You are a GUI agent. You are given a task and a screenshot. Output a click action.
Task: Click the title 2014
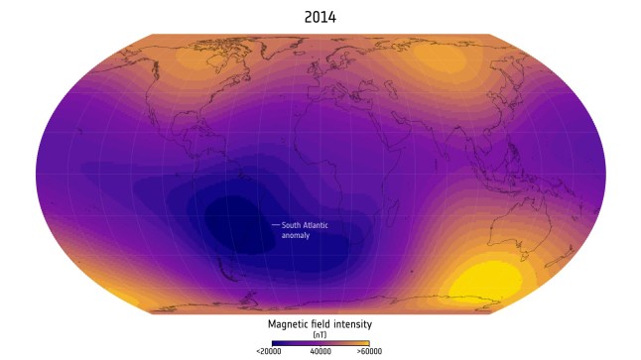click(320, 17)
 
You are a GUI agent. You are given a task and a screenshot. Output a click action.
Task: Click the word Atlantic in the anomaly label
click(313, 225)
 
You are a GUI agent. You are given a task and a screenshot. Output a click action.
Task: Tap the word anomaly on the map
click(296, 236)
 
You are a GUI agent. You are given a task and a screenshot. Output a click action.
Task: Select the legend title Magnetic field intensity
click(320, 323)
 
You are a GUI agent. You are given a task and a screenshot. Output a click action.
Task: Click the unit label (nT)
click(320, 335)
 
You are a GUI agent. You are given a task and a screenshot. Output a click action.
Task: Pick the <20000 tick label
click(271, 352)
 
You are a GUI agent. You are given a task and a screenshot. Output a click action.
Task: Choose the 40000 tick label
click(320, 352)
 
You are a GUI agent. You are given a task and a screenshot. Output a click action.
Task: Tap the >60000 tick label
click(369, 352)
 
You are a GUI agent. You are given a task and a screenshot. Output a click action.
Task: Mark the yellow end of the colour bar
click(365, 343)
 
